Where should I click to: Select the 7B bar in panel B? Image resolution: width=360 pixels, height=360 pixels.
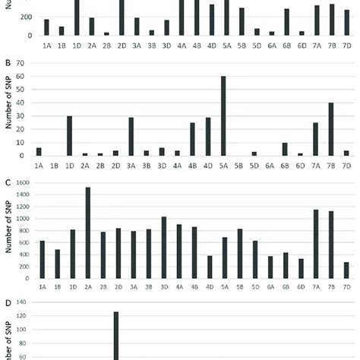coord(331,130)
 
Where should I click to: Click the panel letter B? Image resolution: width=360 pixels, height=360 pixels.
coord(7,52)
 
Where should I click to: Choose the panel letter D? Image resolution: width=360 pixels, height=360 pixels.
coord(7,304)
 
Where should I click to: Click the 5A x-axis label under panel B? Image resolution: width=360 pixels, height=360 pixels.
coord(224,164)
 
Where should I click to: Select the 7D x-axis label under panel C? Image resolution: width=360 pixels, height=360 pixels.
coord(346,287)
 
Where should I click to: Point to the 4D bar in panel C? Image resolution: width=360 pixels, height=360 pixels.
coord(210,267)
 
